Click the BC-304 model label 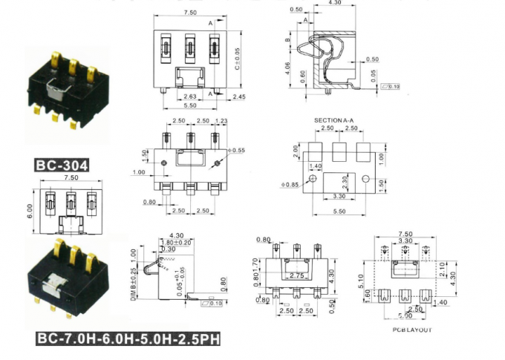tap(62, 165)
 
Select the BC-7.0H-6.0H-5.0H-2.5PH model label tap(128, 339)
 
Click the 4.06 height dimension tap(287, 68)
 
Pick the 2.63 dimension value tap(189, 96)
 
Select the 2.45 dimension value tap(238, 96)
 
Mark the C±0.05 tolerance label tap(237, 58)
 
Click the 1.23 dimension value tap(220, 120)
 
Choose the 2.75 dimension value tap(298, 275)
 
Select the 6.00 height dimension tap(29, 211)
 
